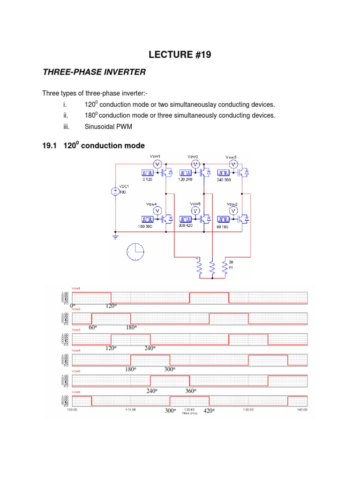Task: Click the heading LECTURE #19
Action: (180, 55)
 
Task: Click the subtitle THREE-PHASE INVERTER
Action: (94, 72)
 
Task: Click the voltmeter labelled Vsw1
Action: (157, 164)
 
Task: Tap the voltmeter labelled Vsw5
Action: (233, 164)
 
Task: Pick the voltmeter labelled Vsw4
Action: (157, 211)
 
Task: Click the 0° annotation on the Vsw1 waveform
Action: (73, 306)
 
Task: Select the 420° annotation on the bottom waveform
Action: (209, 411)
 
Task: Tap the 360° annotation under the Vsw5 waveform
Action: (190, 391)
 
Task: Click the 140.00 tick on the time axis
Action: (302, 410)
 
